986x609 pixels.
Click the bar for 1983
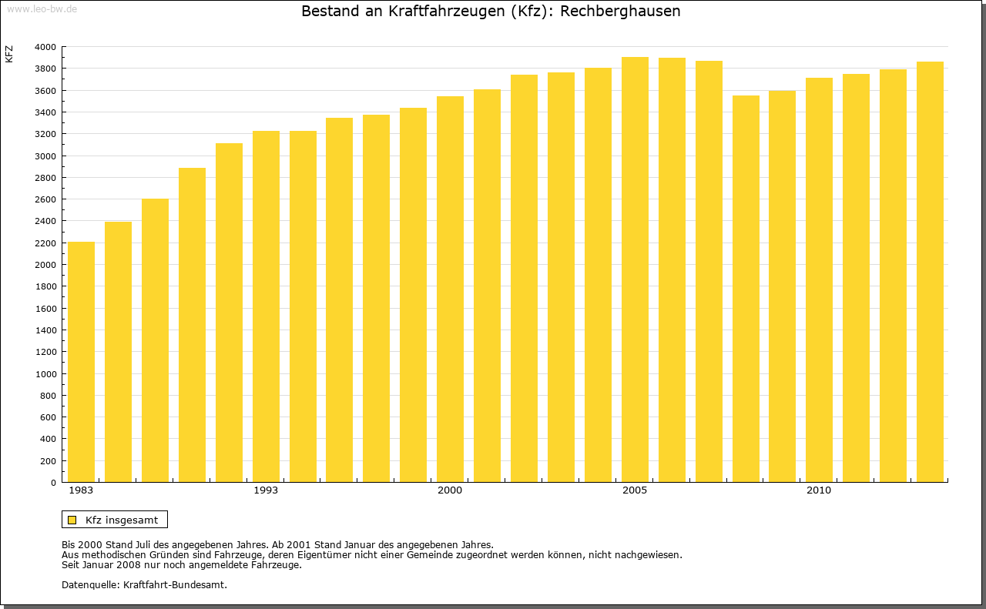[81, 362]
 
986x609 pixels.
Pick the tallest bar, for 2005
[635, 269]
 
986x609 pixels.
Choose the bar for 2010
[819, 280]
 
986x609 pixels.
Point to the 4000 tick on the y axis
[45, 47]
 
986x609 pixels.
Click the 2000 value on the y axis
[45, 265]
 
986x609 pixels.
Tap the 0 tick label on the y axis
[52, 483]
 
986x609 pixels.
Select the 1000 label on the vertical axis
[45, 374]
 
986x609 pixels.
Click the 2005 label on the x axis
[635, 490]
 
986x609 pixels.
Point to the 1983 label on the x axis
[81, 490]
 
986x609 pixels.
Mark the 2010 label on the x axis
[819, 490]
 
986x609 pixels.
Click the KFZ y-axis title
[9, 54]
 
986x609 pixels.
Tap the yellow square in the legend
[72, 520]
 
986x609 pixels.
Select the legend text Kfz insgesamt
[122, 520]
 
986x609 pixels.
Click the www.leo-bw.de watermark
[42, 8]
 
